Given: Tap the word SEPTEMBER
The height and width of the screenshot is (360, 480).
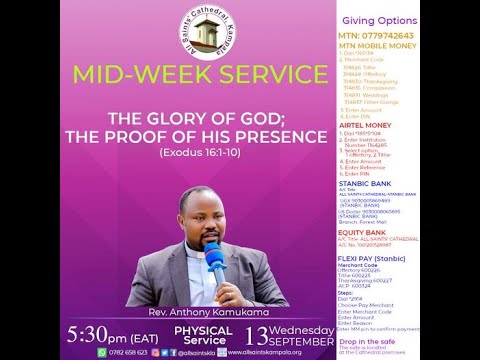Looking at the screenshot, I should (x=300, y=339).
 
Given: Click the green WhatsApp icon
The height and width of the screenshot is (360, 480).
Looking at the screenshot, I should (x=102, y=352).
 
